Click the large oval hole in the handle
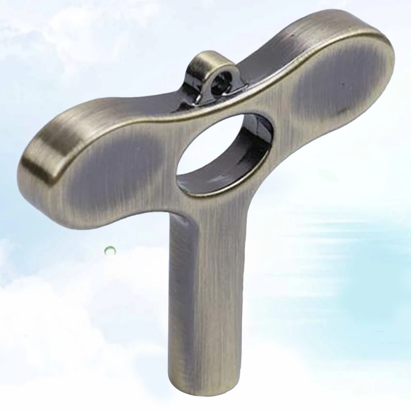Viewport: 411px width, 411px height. tap(221, 152)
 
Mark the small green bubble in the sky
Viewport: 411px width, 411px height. tap(110, 250)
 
